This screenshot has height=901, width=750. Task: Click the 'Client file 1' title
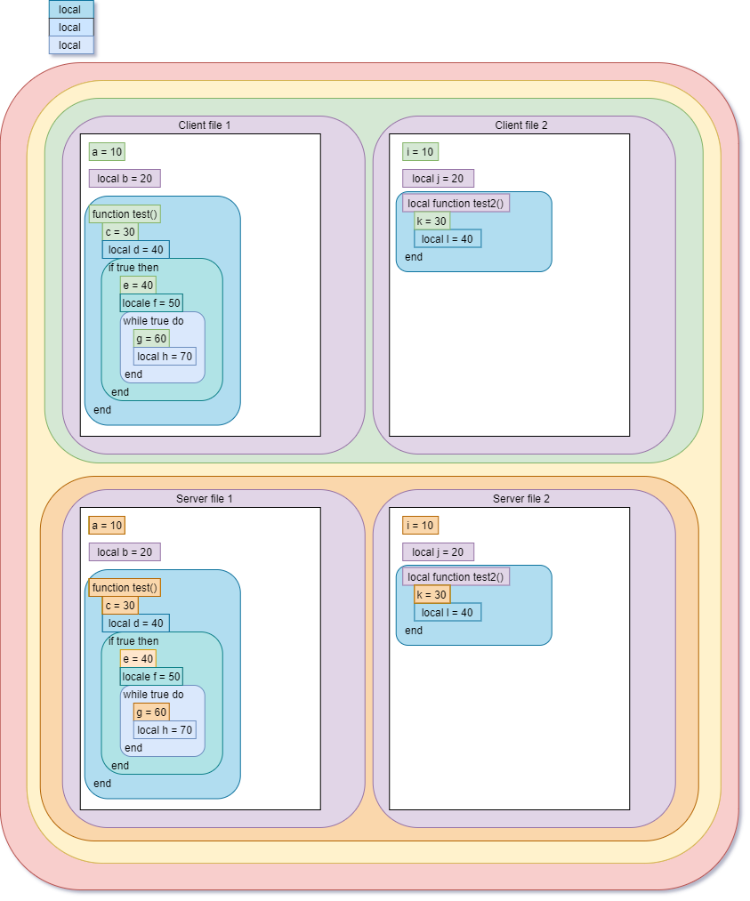[204, 125]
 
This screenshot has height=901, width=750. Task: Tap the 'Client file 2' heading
[521, 125]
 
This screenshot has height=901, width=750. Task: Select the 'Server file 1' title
[204, 499]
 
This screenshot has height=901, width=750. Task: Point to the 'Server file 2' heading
[521, 499]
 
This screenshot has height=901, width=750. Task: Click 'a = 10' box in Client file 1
[107, 152]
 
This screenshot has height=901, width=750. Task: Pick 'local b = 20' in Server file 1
[125, 552]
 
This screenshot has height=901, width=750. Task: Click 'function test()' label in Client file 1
[125, 214]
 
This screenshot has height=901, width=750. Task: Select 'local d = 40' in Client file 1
[135, 250]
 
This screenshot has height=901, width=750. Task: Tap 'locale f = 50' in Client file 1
[151, 303]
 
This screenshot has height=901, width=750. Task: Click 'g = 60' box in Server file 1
[151, 712]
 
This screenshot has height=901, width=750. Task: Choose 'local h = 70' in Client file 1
[165, 357]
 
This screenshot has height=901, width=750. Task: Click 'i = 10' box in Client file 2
[420, 152]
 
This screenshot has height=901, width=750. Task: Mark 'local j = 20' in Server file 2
[438, 552]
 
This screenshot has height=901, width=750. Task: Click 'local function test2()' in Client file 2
[456, 204]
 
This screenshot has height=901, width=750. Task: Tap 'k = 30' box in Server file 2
[431, 595]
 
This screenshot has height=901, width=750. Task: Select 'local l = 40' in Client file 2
[448, 239]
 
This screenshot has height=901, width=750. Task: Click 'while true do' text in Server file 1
[153, 695]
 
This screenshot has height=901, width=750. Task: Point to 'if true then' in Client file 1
[133, 268]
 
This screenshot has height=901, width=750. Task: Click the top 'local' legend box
[70, 10]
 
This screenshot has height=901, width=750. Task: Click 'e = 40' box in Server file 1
[138, 659]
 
